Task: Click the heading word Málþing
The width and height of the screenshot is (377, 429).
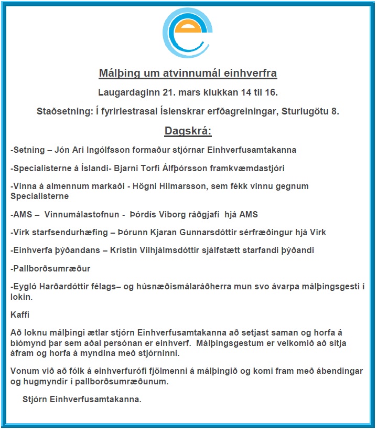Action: coord(119,72)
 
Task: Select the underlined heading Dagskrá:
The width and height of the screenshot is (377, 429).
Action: coord(188,131)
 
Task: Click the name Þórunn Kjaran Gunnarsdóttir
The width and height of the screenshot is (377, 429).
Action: coord(174,233)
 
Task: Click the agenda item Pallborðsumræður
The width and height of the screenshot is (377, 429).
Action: coord(51,269)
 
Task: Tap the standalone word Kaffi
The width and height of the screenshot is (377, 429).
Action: coord(20,315)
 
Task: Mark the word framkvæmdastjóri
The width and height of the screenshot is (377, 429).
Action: coord(250,169)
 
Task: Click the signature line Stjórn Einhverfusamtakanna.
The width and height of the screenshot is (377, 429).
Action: coord(82,399)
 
